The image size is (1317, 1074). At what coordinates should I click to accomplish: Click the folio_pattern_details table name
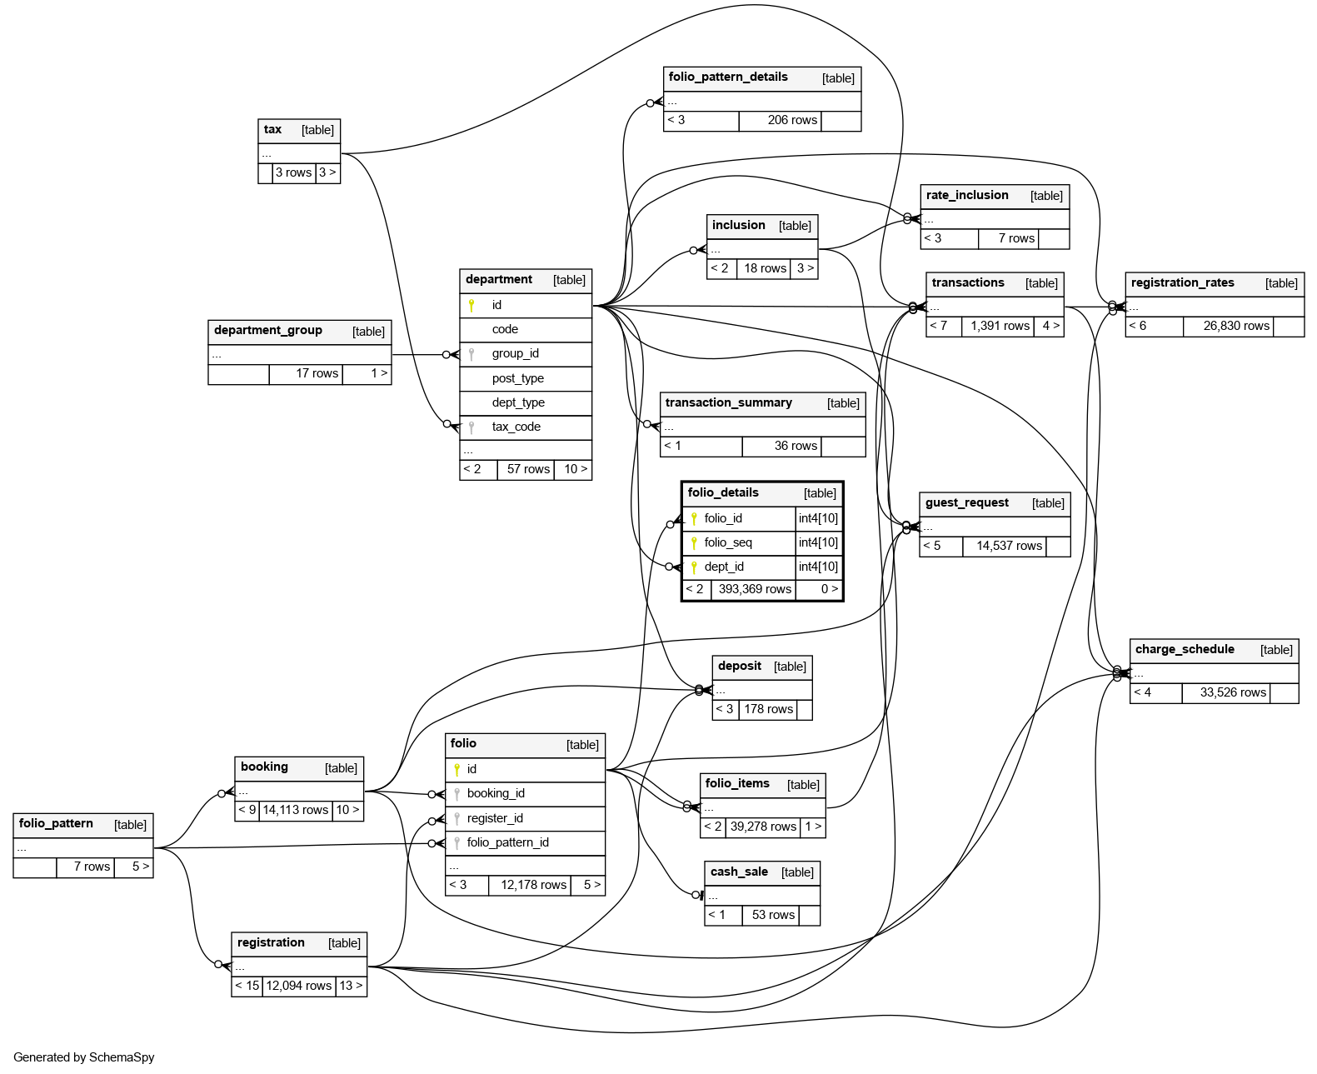(728, 77)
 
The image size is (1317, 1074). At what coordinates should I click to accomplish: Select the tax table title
(272, 130)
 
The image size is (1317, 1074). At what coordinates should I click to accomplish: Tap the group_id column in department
(515, 353)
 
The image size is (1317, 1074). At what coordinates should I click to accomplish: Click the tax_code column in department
(516, 427)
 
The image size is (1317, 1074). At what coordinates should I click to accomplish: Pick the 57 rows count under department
(528, 469)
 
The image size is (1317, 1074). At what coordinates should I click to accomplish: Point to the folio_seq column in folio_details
(728, 542)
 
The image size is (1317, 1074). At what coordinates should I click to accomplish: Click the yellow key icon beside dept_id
(694, 567)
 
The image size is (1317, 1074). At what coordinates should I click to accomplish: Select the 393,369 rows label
(755, 589)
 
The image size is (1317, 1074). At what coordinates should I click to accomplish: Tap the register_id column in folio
(495, 818)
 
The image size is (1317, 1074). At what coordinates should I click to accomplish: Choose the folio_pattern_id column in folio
(507, 842)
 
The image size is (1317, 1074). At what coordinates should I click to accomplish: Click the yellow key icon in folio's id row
(456, 769)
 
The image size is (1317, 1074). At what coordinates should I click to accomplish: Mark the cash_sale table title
(739, 872)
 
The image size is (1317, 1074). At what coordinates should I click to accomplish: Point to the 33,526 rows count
(1233, 692)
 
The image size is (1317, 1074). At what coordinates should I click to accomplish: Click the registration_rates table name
(1182, 283)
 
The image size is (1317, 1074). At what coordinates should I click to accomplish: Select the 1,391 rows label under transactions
(1000, 326)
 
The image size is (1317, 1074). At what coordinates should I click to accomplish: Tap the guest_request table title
(966, 503)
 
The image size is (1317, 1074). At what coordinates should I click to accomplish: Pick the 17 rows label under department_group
(317, 373)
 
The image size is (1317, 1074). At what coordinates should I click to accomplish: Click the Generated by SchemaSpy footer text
(84, 1057)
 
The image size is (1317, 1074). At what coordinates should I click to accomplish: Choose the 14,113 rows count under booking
(295, 810)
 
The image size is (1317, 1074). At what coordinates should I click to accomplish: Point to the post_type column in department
(517, 378)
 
